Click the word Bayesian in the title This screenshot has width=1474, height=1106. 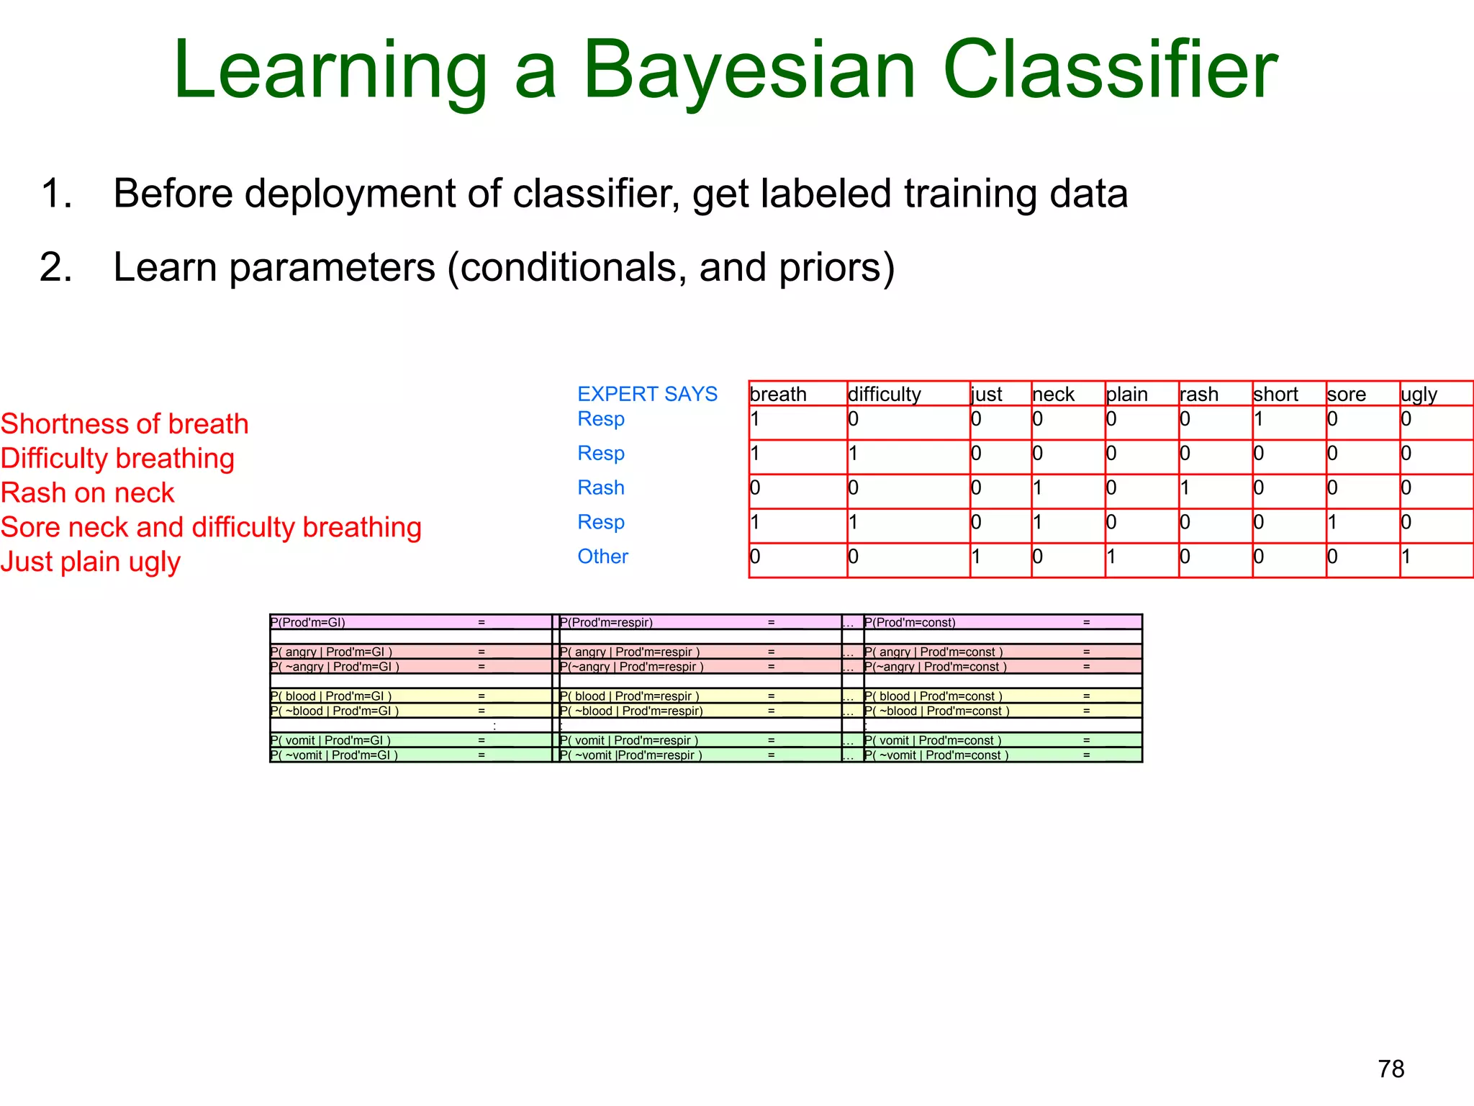pyautogui.click(x=749, y=71)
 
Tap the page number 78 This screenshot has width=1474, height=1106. pyautogui.click(x=1391, y=1069)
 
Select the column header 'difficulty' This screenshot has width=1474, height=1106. pyautogui.click(x=884, y=394)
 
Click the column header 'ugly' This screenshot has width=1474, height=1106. pyautogui.click(x=1419, y=394)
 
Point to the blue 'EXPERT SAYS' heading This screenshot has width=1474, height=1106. pyautogui.click(x=647, y=394)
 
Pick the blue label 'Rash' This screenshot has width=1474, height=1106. pyautogui.click(x=600, y=487)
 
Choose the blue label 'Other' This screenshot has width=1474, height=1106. pyautogui.click(x=602, y=556)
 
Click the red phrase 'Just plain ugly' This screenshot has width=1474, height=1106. pyautogui.click(x=90, y=562)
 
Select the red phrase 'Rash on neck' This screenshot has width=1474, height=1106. pyautogui.click(x=87, y=493)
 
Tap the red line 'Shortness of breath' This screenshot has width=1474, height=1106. pyautogui.click(x=125, y=423)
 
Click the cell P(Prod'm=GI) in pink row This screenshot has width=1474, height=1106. pyautogui.click(x=308, y=622)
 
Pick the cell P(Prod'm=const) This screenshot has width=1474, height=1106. pyautogui.click(x=910, y=622)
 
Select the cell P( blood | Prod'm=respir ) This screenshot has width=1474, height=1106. pyautogui.click(x=629, y=696)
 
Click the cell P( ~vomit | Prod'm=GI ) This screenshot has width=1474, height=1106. pyautogui.click(x=334, y=755)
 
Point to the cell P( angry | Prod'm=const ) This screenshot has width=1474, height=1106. pyautogui.click(x=933, y=652)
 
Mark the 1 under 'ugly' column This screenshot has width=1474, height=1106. pyautogui.click(x=1406, y=556)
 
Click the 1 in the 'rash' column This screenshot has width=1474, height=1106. pyautogui.click(x=1185, y=487)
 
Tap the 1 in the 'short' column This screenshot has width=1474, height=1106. pyautogui.click(x=1258, y=418)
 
